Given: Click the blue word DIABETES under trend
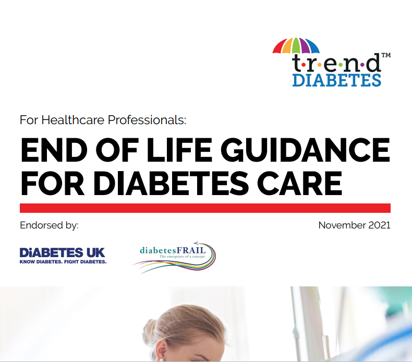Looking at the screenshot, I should coord(336,80).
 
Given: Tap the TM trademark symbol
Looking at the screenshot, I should coord(386,54).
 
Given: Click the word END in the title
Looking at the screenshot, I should coord(52,150).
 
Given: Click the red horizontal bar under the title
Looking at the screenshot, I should coord(205,208).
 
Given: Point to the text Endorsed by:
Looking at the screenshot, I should coord(49,226).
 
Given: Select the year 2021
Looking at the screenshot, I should coord(379,225).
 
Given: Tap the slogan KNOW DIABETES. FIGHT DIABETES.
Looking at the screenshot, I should coord(63,261).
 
